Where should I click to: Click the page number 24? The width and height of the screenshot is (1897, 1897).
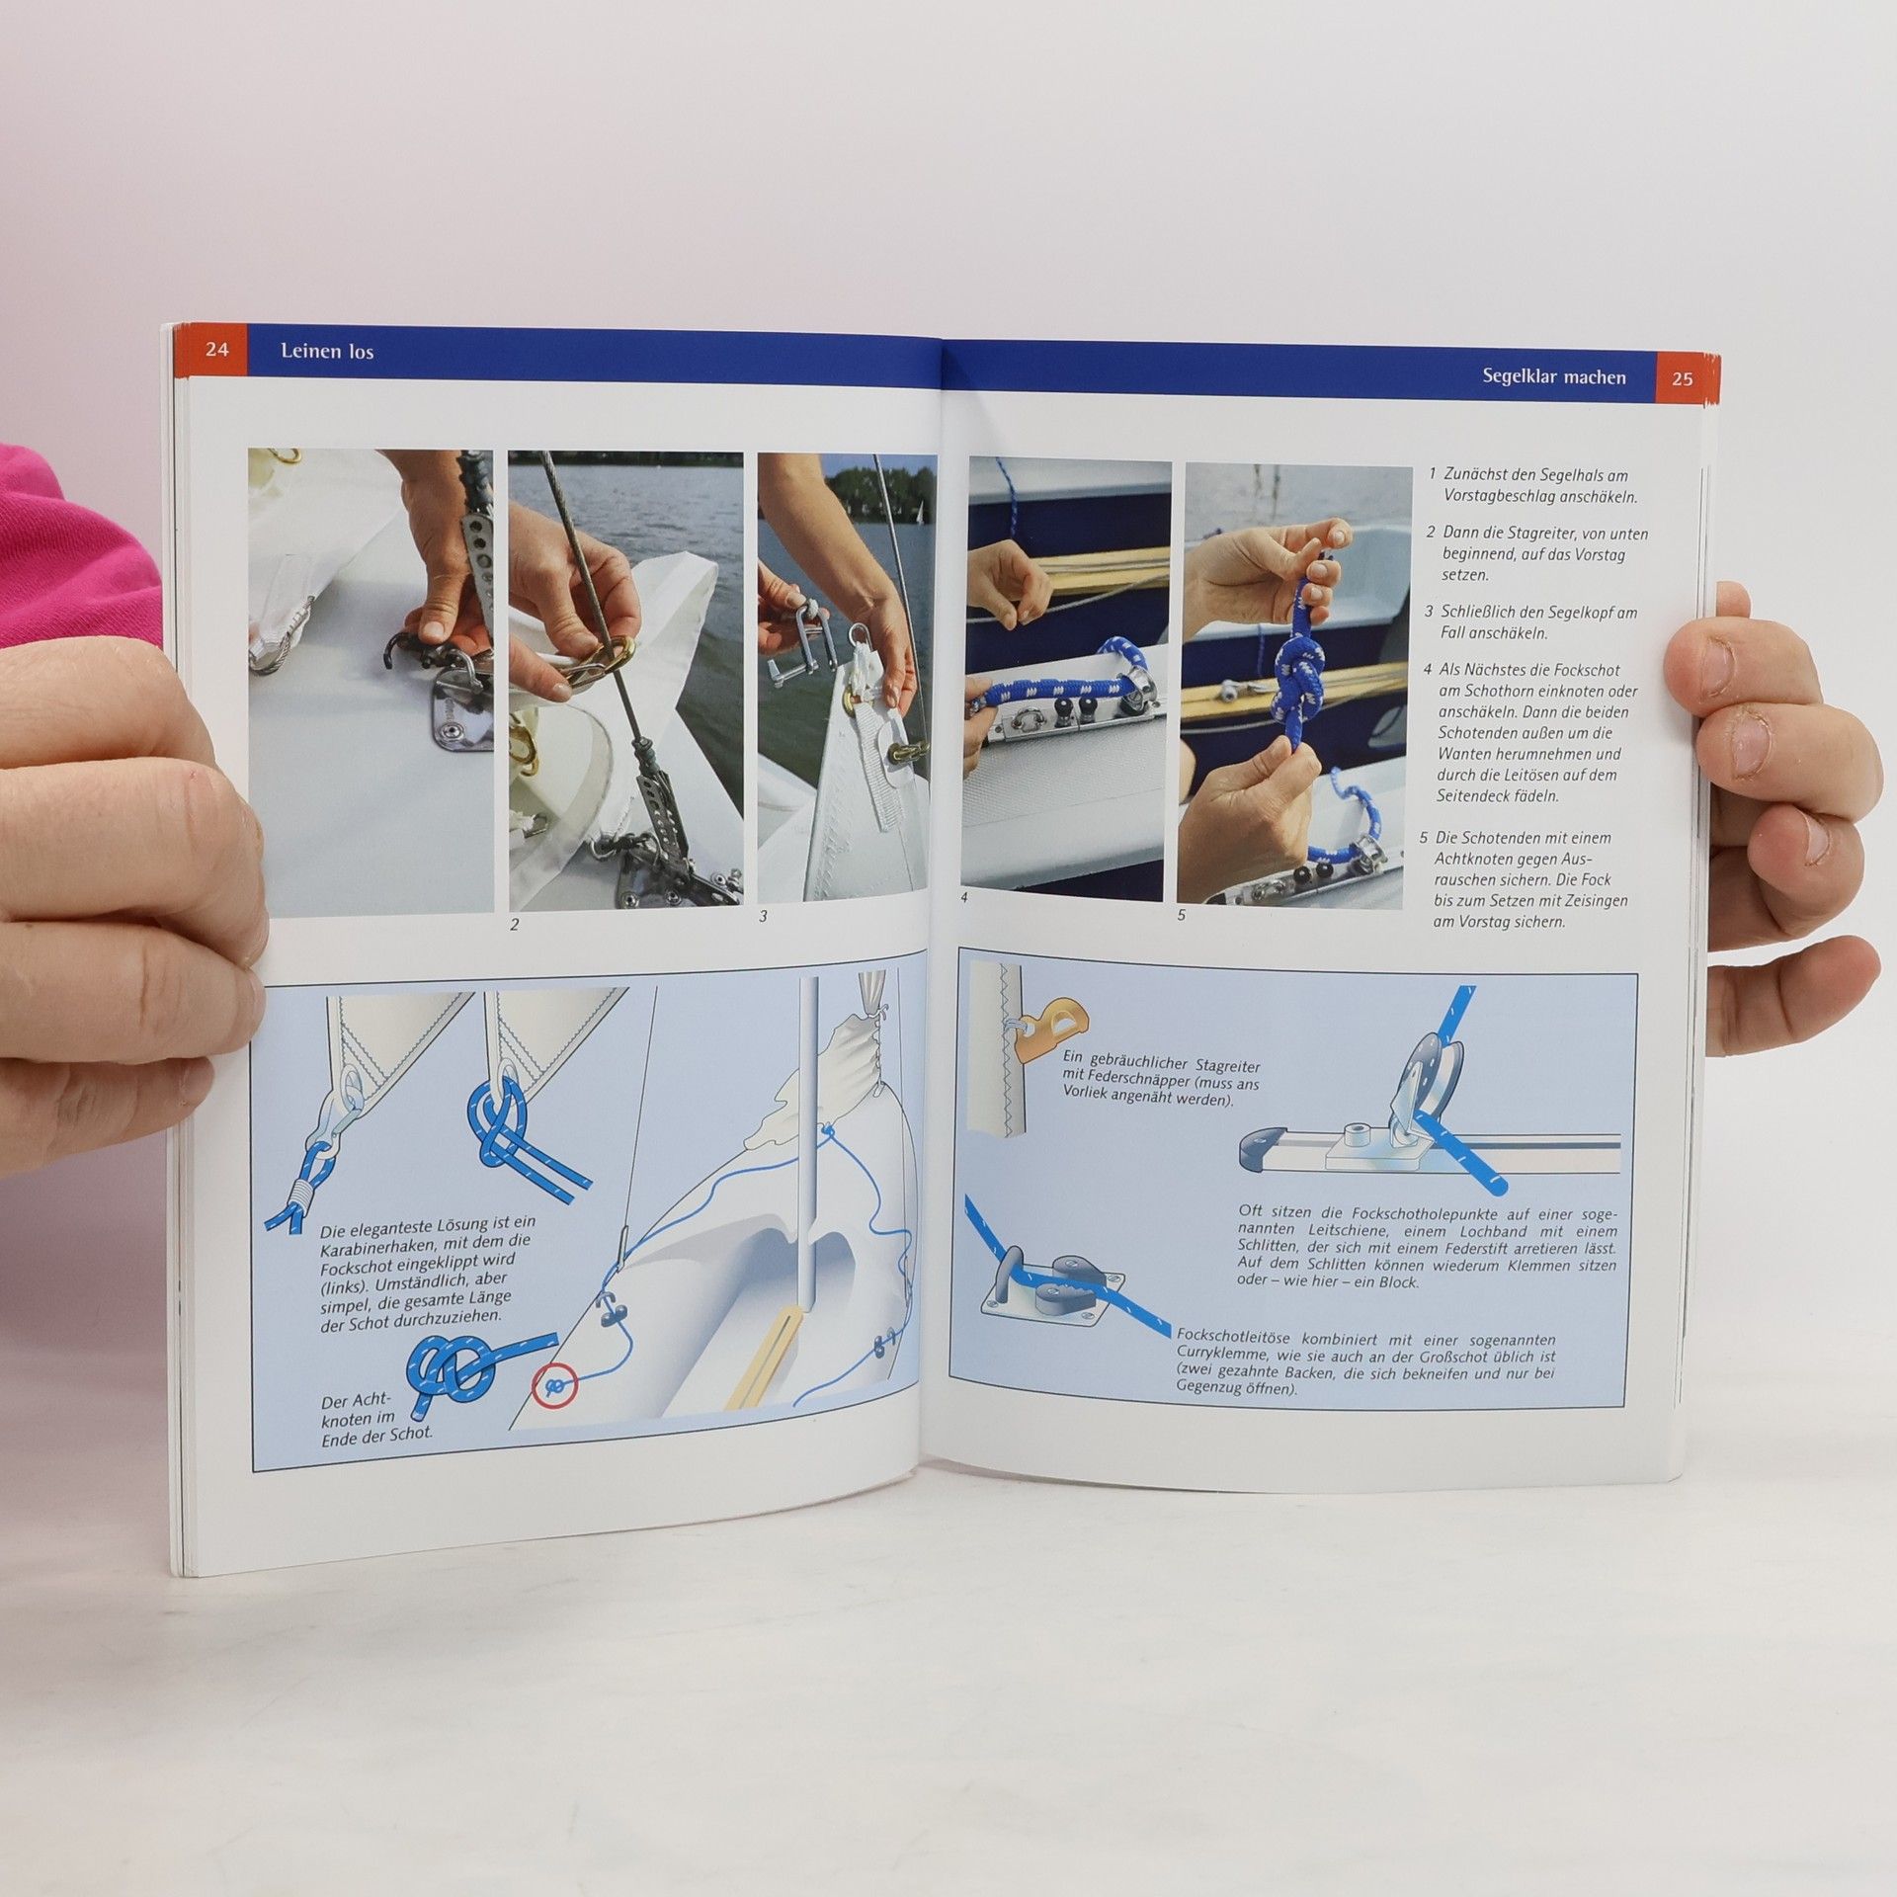(217, 350)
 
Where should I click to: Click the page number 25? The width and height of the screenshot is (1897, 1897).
(1682, 378)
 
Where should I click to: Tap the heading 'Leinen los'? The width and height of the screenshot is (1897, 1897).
(327, 351)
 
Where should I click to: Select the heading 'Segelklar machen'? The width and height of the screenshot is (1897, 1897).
(1553, 376)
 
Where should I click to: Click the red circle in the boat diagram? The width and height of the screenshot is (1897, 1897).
(555, 1387)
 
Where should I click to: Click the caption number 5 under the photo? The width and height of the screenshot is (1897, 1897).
(1182, 915)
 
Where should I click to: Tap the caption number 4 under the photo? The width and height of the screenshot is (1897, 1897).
(964, 898)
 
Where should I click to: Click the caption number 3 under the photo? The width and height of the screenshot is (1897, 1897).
(763, 916)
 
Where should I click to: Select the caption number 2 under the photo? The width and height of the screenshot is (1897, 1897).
(514, 925)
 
